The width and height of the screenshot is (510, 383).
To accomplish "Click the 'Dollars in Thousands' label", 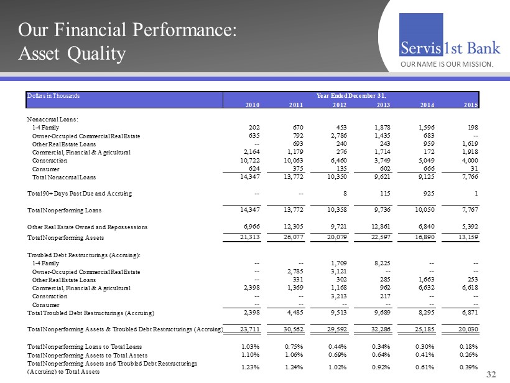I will tap(53, 96).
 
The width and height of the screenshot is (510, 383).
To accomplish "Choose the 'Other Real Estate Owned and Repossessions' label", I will tap(88, 227).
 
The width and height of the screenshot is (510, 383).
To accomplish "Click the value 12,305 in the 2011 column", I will tap(290, 227).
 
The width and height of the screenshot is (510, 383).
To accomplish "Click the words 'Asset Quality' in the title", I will tap(72, 54).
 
